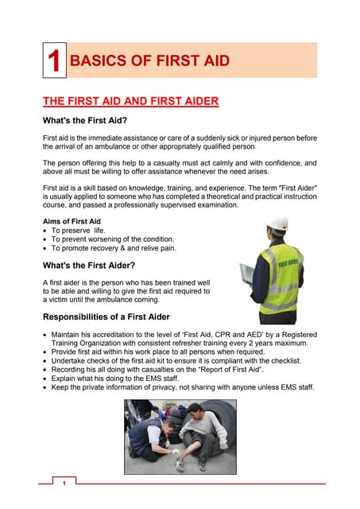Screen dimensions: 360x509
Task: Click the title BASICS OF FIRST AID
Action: (150, 61)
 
